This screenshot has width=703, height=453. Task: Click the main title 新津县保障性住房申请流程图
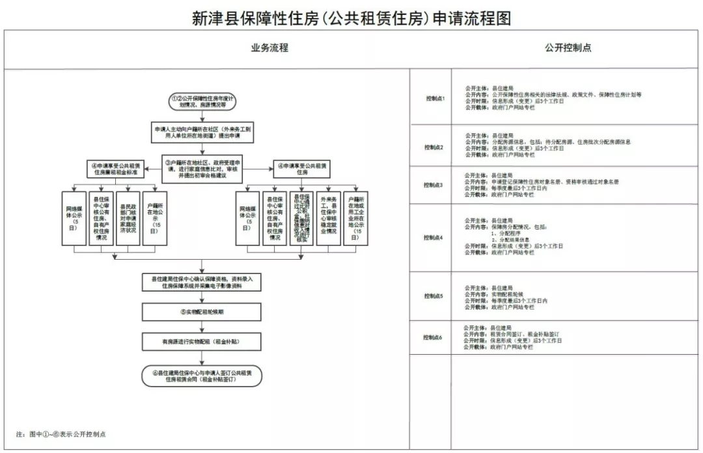(351, 18)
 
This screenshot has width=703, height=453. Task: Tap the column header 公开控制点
(568, 48)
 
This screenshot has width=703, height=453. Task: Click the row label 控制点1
(434, 98)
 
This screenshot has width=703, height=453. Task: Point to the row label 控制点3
(433, 185)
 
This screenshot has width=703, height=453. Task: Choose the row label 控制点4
(433, 238)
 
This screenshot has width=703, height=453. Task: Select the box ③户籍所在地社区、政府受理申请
(205, 166)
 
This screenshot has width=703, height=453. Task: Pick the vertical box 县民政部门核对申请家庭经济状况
(128, 218)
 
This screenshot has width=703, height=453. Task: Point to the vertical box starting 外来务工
(328, 218)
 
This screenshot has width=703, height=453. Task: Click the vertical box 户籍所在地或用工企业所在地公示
(355, 218)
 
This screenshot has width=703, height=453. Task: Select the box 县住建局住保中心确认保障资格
(202, 282)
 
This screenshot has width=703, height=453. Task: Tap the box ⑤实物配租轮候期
(202, 312)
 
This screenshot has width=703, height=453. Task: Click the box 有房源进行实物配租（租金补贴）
(202, 340)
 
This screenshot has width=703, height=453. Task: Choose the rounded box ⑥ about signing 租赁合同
(202, 375)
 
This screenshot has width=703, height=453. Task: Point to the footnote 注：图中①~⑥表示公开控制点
(60, 433)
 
